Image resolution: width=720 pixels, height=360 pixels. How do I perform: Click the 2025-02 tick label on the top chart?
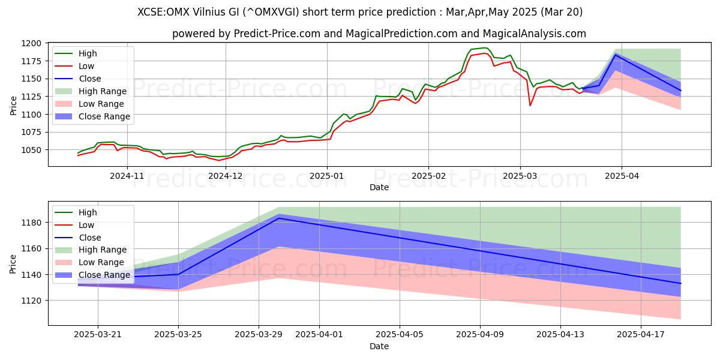click(x=428, y=176)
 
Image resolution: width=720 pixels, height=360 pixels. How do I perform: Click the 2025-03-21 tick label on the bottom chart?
click(x=98, y=335)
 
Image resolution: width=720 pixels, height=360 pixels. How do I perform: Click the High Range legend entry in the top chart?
click(x=102, y=91)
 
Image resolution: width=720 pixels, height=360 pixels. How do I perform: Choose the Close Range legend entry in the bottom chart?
click(x=104, y=275)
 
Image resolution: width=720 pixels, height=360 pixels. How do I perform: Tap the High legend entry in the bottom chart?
click(x=88, y=212)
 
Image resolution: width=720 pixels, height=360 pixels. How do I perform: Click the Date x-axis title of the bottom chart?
click(x=379, y=346)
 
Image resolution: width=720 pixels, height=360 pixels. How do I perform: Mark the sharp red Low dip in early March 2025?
click(x=530, y=106)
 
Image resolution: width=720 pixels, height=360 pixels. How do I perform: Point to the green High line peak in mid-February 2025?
click(x=484, y=48)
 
